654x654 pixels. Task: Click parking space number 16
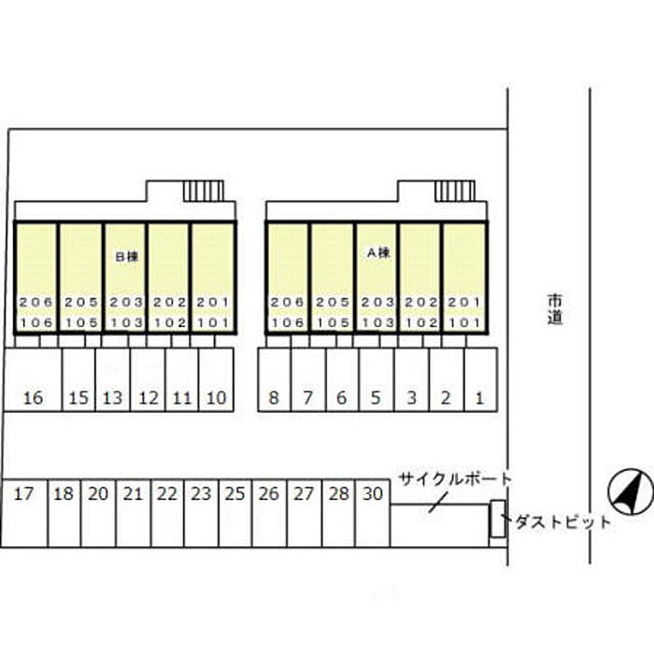pyautogui.click(x=34, y=398)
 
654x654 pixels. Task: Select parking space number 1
pyautogui.click(x=479, y=398)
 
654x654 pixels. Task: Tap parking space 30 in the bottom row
pyautogui.click(x=372, y=494)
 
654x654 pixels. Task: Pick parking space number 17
pyautogui.click(x=24, y=494)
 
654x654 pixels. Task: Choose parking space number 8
pyautogui.click(x=274, y=398)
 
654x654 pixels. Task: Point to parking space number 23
pyautogui.click(x=201, y=494)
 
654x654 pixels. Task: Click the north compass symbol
pyautogui.click(x=630, y=491)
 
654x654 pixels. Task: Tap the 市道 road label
pyautogui.click(x=555, y=309)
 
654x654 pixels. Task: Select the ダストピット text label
pyautogui.click(x=560, y=521)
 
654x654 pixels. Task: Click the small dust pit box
pyautogui.click(x=498, y=519)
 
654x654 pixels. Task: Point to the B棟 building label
pyautogui.click(x=126, y=255)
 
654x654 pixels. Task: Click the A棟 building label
pyautogui.click(x=378, y=252)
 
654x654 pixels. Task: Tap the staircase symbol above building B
pyautogui.click(x=203, y=191)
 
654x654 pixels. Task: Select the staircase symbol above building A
pyautogui.click(x=455, y=191)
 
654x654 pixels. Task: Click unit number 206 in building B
pyautogui.click(x=36, y=303)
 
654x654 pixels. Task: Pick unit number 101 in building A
pyautogui.click(x=464, y=321)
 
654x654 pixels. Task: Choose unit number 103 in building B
pyautogui.click(x=125, y=321)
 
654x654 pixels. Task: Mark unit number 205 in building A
pyautogui.click(x=332, y=303)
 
